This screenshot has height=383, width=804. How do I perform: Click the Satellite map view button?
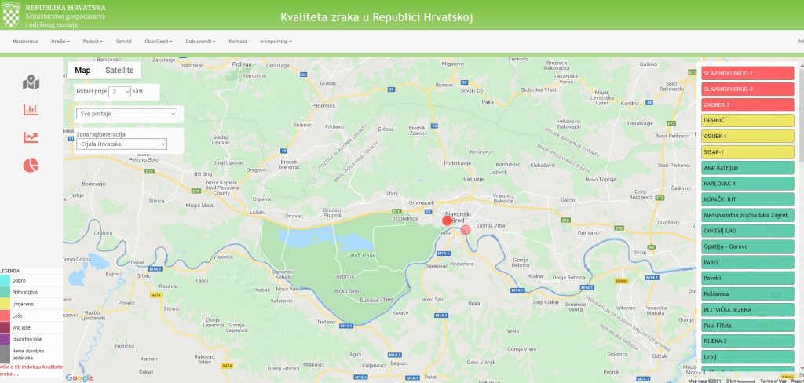[119, 71]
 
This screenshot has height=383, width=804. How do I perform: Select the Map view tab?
[82, 71]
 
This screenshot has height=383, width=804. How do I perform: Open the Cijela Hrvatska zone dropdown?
[122, 144]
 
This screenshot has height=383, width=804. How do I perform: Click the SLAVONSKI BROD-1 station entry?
[747, 73]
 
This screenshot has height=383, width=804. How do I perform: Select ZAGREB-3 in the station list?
[747, 104]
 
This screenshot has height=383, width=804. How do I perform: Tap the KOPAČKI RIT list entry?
[747, 199]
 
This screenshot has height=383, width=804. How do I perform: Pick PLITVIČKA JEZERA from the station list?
[747, 309]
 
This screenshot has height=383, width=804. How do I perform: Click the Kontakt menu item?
[238, 41]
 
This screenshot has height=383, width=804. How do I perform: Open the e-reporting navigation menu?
[276, 41]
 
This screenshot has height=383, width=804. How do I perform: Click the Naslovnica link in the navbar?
[25, 41]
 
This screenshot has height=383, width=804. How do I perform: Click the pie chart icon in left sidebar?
[31, 166]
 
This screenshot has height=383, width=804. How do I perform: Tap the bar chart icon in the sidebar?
[31, 110]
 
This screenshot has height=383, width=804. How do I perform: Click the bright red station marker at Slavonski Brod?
[448, 221]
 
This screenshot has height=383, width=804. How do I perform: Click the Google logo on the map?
[79, 378]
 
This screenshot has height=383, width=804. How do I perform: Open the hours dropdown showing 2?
[120, 91]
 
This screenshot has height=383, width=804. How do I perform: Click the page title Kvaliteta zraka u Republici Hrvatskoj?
[377, 16]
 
